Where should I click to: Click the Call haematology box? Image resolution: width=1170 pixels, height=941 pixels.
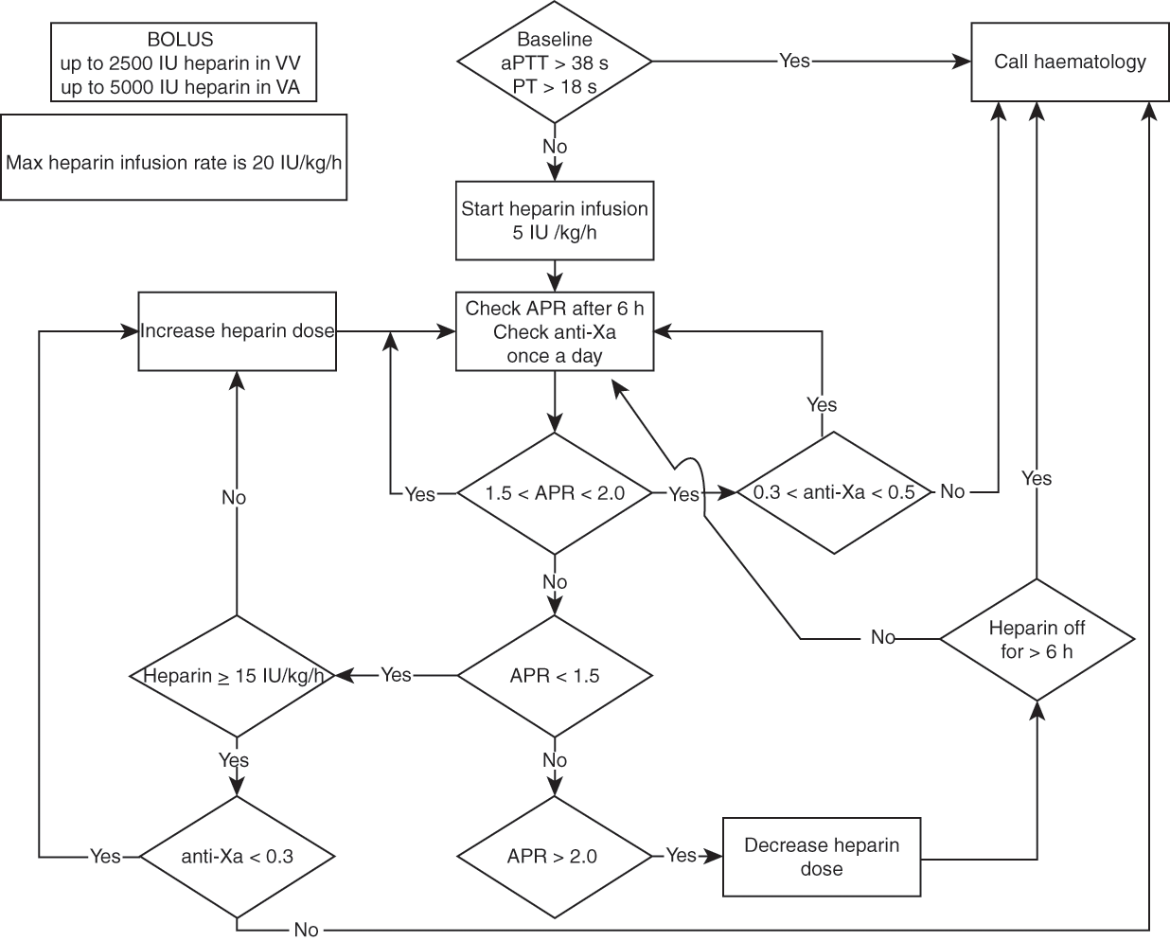point(1070,62)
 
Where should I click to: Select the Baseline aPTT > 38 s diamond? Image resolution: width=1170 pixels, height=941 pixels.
point(555,62)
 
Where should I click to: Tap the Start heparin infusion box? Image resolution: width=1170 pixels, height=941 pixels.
point(555,221)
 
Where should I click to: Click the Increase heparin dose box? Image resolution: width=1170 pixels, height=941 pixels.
point(238,331)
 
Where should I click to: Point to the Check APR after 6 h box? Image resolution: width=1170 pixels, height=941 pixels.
point(555,331)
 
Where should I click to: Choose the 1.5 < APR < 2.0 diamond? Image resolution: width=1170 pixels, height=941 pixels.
point(555,493)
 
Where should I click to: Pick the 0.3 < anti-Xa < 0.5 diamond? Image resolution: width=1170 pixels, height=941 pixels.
point(834,493)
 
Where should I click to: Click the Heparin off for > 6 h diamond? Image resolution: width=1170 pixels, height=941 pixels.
point(1037,640)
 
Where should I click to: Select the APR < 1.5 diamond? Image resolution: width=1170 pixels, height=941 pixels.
point(555,676)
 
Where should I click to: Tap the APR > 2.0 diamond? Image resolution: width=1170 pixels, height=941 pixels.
point(555,856)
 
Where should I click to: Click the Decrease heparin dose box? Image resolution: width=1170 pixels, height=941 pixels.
point(822,857)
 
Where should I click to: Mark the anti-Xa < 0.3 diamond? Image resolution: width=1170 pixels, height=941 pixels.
point(238,856)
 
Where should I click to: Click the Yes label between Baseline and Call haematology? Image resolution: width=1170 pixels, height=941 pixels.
point(794,61)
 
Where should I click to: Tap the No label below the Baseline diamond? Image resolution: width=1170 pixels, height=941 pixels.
point(555,147)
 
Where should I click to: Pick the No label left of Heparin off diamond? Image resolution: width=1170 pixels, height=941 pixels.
point(882,638)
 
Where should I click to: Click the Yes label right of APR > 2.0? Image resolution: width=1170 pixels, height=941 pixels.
point(681,855)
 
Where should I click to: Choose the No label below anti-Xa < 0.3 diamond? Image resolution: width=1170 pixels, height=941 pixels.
point(306,930)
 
